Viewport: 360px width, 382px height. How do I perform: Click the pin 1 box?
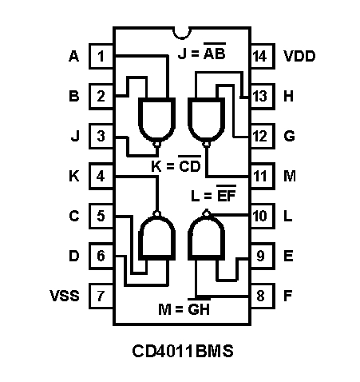101,56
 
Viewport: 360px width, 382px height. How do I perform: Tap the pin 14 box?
263,56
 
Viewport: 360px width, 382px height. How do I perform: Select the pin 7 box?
101,296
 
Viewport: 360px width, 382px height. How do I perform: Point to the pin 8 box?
263,296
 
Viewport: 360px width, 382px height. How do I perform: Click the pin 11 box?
263,176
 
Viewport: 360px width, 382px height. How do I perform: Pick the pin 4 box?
101,176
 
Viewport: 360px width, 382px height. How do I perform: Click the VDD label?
299,56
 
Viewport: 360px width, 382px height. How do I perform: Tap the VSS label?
65,296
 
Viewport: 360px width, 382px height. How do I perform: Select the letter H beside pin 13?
288,96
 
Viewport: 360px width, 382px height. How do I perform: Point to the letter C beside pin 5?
74,216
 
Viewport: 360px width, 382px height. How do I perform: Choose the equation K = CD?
176,165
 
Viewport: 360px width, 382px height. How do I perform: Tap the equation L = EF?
214,193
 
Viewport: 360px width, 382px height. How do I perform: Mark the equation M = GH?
184,308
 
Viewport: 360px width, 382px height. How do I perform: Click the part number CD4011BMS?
183,351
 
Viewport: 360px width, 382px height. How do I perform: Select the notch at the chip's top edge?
182,34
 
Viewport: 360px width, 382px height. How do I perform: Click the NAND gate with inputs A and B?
157,122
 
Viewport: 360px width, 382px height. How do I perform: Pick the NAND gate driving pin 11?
206,122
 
